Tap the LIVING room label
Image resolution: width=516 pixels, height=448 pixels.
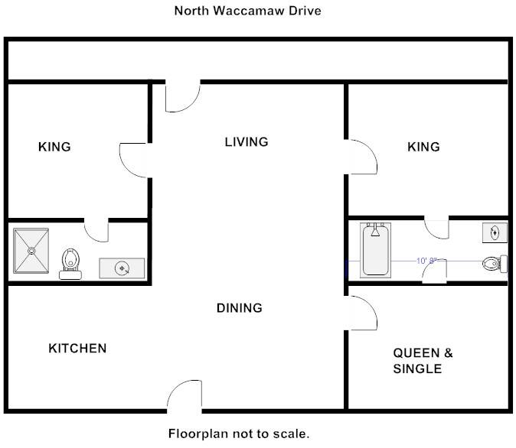[247, 141]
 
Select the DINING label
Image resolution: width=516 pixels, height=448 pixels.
[239, 308]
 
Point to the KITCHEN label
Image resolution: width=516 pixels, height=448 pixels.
[77, 349]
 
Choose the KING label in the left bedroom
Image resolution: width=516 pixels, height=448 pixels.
[54, 147]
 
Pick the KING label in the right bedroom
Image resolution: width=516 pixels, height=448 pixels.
[423, 147]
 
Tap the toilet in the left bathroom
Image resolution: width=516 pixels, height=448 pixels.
[70, 261]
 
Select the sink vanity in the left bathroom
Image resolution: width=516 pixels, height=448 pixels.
[122, 268]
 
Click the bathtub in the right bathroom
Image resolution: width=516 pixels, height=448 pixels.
[375, 249]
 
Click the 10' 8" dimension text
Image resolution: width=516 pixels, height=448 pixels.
[426, 261]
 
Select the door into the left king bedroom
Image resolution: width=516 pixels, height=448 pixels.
[134, 159]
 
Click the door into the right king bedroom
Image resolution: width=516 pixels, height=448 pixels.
[361, 157]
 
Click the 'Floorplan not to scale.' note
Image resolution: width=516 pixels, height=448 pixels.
[239, 433]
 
